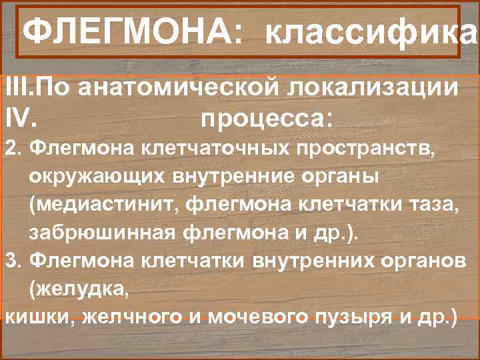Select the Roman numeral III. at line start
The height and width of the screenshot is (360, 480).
(x=15, y=87)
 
